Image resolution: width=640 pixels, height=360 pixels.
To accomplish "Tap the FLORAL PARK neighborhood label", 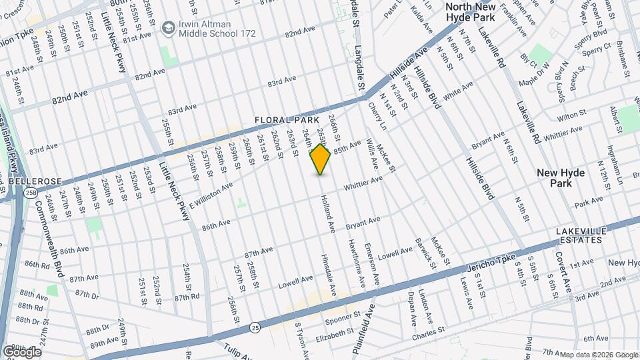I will click(x=285, y=120).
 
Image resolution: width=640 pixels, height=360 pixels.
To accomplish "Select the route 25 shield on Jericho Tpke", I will click(x=255, y=327).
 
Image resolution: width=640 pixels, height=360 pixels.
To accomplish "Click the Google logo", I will click(x=21, y=351).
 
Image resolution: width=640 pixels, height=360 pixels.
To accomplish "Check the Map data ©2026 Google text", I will click(x=599, y=355).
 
